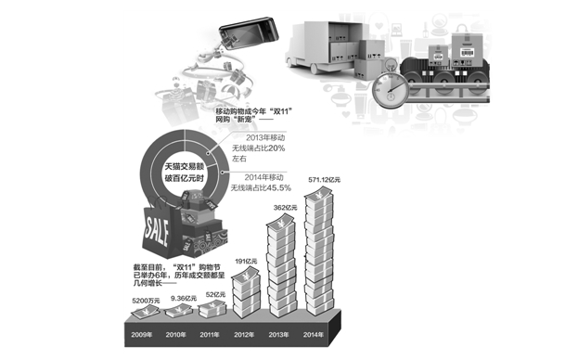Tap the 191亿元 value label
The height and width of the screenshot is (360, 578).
[x=246, y=261]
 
